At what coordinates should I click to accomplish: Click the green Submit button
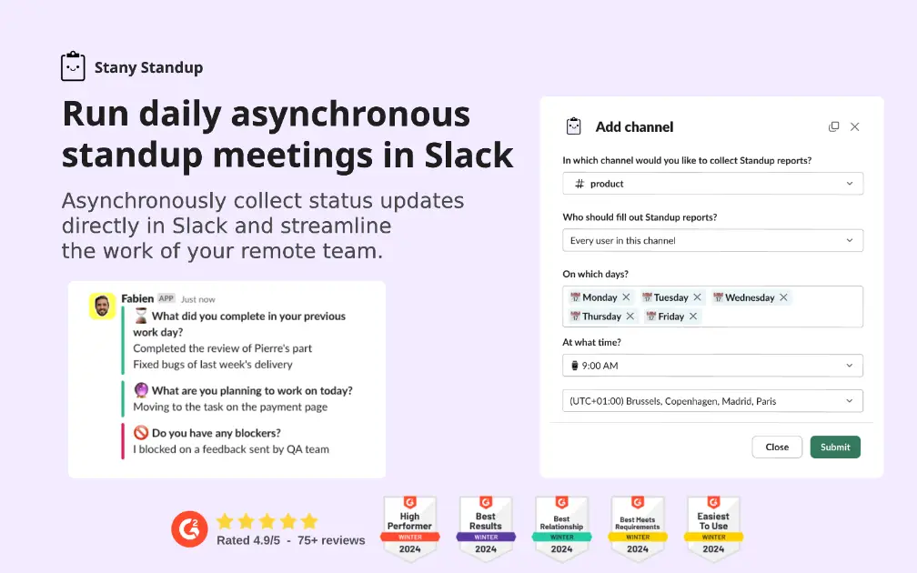point(834,447)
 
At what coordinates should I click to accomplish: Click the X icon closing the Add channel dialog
point(854,127)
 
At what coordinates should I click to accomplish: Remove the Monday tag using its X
point(626,297)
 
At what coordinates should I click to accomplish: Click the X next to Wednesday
point(783,297)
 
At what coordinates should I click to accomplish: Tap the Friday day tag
point(670,317)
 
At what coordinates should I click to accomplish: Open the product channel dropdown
point(712,184)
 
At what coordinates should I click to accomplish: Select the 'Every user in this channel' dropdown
point(712,241)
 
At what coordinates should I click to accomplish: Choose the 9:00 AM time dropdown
point(712,366)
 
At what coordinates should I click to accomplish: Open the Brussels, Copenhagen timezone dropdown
point(712,401)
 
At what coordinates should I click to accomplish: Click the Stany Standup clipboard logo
point(73,67)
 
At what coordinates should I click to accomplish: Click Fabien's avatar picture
point(102,306)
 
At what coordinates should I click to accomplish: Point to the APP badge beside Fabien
point(166,298)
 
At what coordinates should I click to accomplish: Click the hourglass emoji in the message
point(141,316)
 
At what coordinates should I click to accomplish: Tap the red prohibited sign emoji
point(141,433)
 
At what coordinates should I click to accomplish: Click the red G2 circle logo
point(189,529)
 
